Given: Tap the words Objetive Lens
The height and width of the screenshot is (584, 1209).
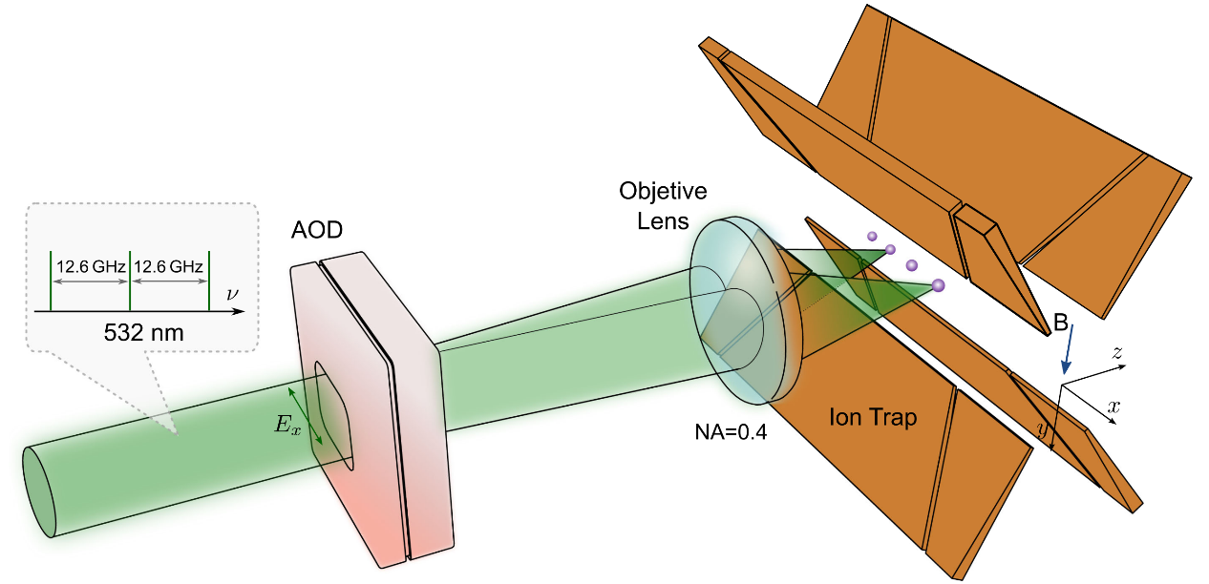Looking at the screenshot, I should pyautogui.click(x=662, y=202).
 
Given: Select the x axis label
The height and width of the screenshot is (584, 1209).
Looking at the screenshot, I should pyautogui.click(x=1113, y=407).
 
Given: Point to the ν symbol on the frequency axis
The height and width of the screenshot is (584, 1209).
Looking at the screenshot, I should pyautogui.click(x=232, y=293).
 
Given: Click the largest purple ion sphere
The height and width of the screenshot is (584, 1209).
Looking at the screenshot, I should pyautogui.click(x=938, y=284).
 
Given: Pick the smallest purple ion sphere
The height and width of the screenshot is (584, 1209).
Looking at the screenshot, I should pyautogui.click(x=872, y=236).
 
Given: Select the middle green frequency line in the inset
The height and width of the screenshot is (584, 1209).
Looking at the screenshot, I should pyautogui.click(x=130, y=281).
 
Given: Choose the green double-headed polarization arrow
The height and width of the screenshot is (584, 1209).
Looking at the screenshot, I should pyautogui.click(x=308, y=416).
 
